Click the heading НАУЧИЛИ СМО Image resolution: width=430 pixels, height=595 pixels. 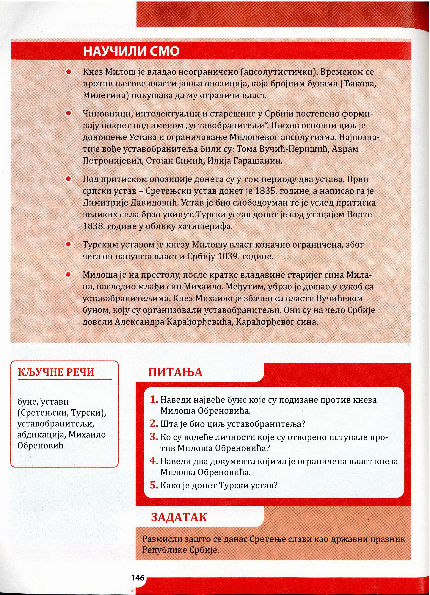tap(131, 51)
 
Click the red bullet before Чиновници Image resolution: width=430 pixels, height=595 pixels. tap(69, 113)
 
